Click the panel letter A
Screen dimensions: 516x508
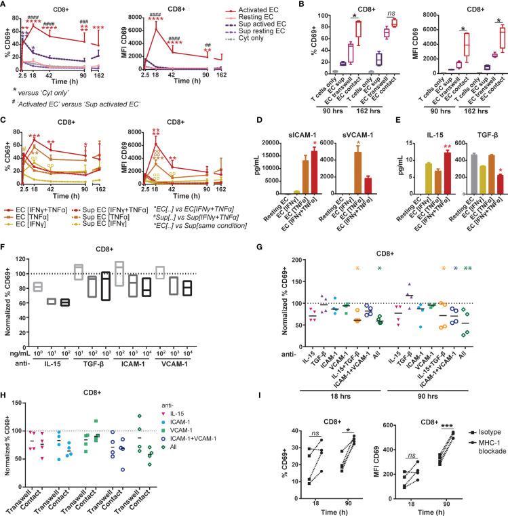[5, 5]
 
